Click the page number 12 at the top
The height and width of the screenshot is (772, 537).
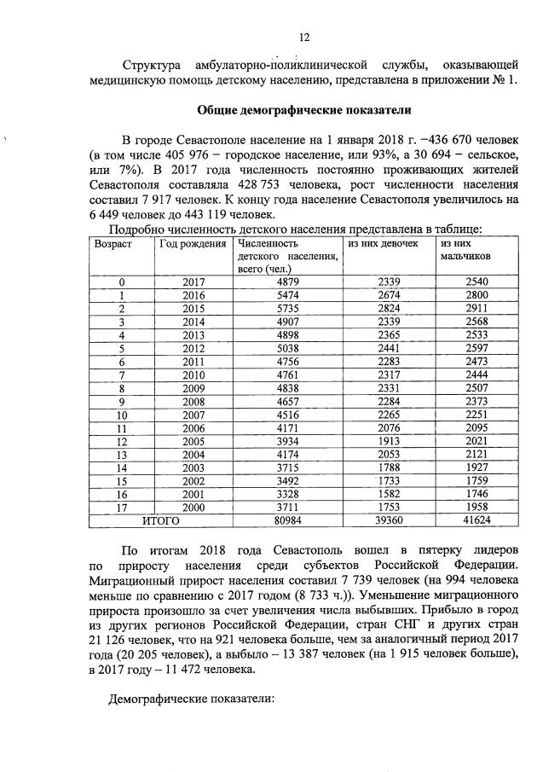click(x=303, y=37)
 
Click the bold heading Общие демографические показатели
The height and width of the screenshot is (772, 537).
click(x=304, y=110)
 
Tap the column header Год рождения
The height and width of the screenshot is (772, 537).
click(x=193, y=244)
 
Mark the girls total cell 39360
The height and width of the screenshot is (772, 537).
click(x=388, y=519)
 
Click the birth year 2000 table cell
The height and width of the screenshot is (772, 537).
click(x=194, y=506)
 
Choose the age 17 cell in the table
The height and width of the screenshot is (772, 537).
click(x=122, y=506)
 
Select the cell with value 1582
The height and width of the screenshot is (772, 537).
click(x=388, y=493)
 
